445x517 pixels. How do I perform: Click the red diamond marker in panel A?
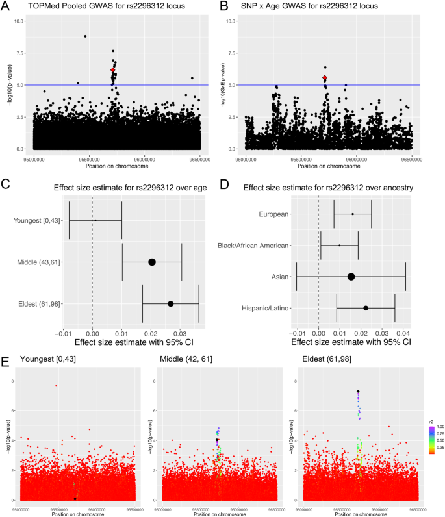112,70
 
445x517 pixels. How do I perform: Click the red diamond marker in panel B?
324,78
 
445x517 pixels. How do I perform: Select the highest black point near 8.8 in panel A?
85,36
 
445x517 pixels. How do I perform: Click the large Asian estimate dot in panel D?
351,277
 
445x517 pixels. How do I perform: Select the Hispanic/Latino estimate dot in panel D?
366,308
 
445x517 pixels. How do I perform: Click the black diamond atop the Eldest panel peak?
358,391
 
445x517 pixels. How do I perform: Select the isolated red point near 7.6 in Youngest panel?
56,386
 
